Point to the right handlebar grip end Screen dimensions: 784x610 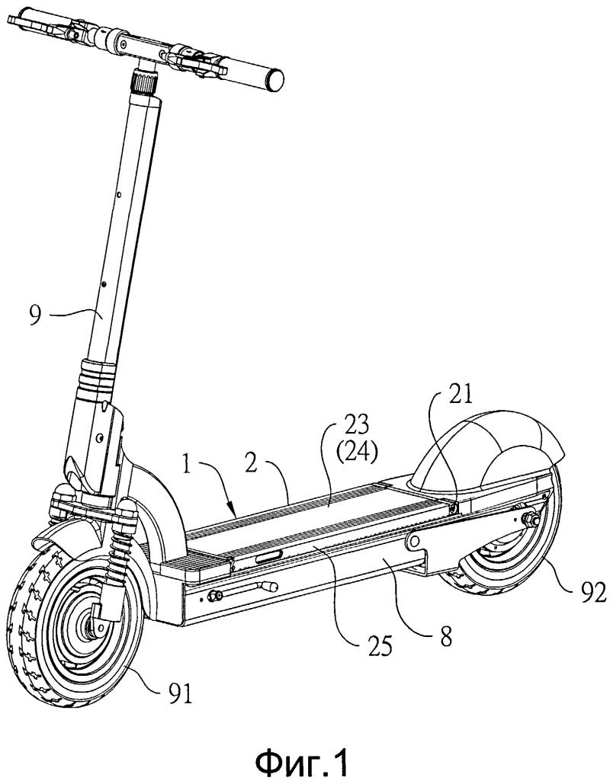(274, 78)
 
